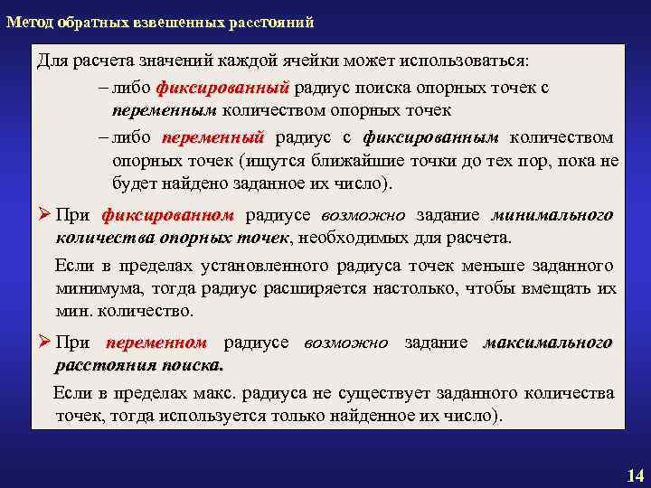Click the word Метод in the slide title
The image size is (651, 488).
point(29,21)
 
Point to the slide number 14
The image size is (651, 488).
point(634,475)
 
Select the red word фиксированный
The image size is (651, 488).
point(222,89)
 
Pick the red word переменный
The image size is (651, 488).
point(212,138)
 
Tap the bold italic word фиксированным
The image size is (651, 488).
point(430,138)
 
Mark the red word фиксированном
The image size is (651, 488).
point(167,216)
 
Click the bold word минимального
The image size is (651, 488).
point(551,216)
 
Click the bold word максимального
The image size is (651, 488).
point(548,343)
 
